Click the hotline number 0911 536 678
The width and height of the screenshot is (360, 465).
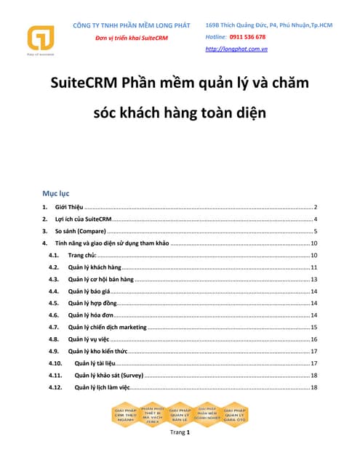(247, 36)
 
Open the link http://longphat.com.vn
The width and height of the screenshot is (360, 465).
(236, 49)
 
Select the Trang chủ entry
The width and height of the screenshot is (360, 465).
(82, 256)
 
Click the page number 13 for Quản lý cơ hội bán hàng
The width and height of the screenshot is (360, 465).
(314, 280)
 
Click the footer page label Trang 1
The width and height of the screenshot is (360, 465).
(180, 433)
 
